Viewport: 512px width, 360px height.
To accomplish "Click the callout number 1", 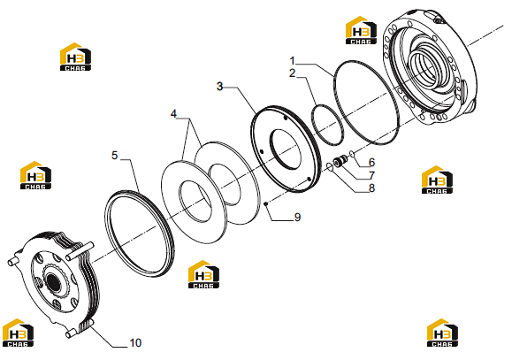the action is [x=292, y=61].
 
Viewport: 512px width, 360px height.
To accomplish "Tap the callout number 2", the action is [x=292, y=73].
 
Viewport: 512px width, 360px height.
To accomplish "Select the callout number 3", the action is [x=220, y=87].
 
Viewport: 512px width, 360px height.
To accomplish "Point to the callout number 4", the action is [x=173, y=114].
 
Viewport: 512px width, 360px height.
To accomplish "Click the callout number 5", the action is [x=114, y=155].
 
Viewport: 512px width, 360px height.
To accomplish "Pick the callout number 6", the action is [x=371, y=163].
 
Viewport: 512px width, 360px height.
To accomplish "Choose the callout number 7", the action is [x=371, y=175].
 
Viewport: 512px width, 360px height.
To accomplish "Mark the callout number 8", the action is [x=371, y=188].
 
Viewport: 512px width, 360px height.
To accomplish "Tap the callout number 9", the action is [x=297, y=217].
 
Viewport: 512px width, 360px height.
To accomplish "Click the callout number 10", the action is [x=135, y=343].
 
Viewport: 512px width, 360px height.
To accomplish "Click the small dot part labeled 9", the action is [x=266, y=204].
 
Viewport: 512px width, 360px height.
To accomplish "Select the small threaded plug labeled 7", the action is [x=340, y=161].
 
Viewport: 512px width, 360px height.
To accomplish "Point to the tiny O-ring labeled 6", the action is [x=352, y=153].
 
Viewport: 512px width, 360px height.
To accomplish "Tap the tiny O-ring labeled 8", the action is [x=330, y=167].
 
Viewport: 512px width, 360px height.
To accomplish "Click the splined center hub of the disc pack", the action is [x=52, y=280].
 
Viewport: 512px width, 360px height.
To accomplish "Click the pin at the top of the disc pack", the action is [x=80, y=251].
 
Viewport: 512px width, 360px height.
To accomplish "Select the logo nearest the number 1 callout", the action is [x=361, y=30].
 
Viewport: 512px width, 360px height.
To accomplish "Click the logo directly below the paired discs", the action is [x=203, y=274].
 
